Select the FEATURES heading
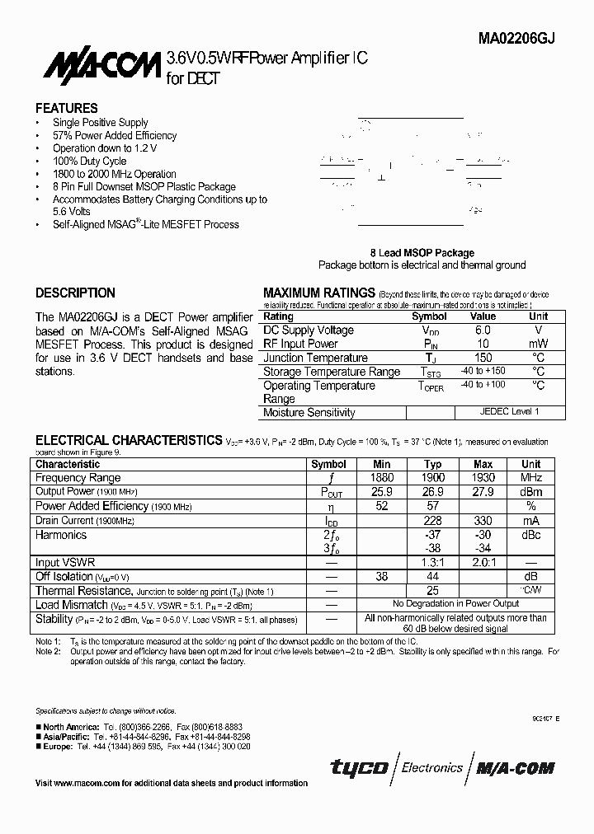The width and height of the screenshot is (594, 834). pos(66,108)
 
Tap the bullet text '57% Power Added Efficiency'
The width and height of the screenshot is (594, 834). pos(115,135)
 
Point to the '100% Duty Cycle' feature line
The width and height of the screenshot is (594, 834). pos(90,161)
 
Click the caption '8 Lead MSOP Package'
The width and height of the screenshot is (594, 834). pos(422,253)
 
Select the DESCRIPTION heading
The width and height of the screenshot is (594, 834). pos(75,293)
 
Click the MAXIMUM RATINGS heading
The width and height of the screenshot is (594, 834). pos(318,293)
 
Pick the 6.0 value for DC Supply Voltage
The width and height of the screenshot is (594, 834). pos(483,330)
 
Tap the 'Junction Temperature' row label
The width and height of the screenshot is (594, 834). pos(315,358)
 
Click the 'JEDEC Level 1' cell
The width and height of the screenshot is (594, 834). pos(510,411)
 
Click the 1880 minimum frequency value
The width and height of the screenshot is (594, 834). pos(382,477)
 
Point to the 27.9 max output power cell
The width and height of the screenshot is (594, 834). pos(483,491)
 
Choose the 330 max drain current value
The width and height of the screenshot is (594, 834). pos(483,520)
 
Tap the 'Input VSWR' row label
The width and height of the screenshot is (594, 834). pos(65,562)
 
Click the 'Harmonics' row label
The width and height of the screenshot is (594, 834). pos(61,535)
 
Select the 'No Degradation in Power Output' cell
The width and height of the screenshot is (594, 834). pos(455,603)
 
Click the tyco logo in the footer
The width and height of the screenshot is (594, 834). pos(359,768)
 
